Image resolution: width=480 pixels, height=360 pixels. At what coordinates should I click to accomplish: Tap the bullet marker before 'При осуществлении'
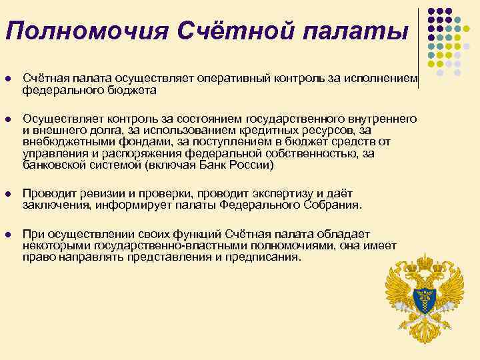(7, 235)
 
